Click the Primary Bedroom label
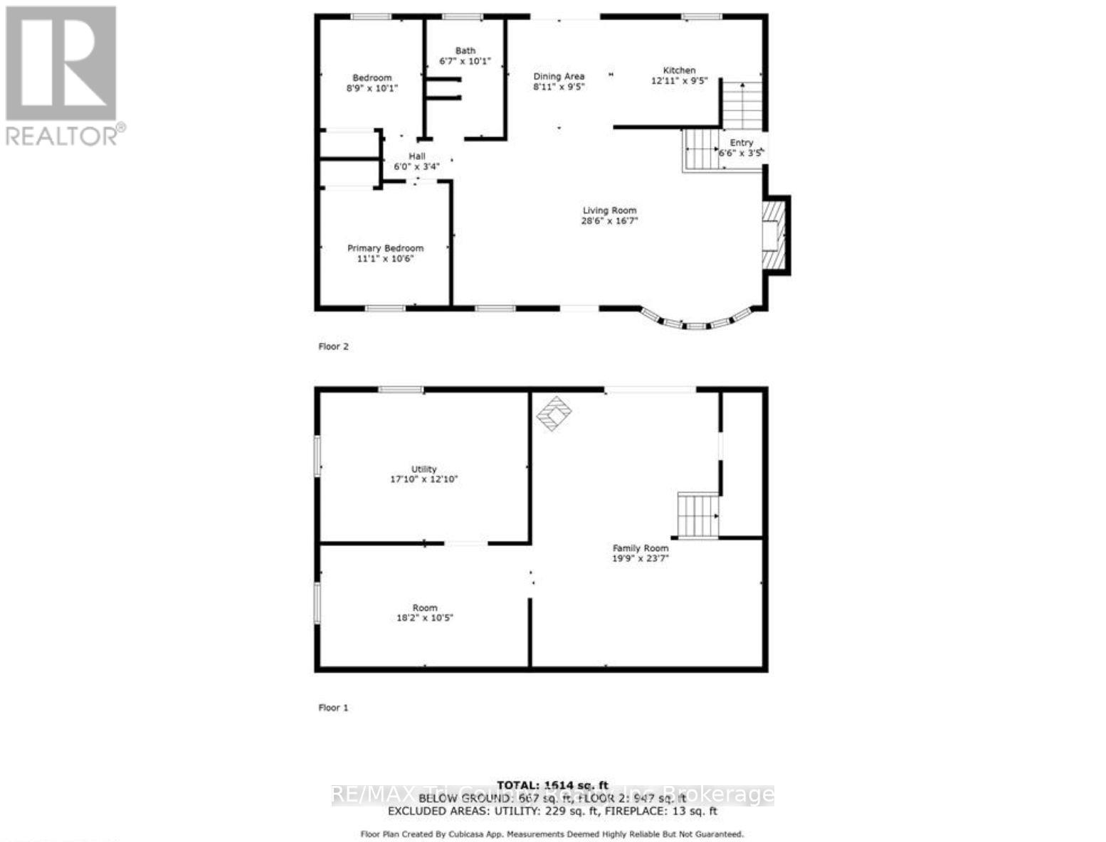click(x=385, y=248)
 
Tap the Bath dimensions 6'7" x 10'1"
click(x=465, y=61)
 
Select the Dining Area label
click(x=559, y=76)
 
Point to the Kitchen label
click(x=679, y=70)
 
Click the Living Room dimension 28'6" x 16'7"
click(x=609, y=221)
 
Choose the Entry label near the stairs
click(x=741, y=143)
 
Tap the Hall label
click(x=417, y=156)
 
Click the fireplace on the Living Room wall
click(x=774, y=235)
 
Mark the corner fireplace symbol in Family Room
click(x=554, y=412)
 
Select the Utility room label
click(x=424, y=469)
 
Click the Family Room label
click(x=641, y=548)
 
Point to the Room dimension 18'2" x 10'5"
click(x=425, y=618)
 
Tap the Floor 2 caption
click(x=333, y=347)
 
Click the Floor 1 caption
click(x=333, y=708)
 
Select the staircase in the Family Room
click(x=697, y=515)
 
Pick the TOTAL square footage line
click(x=552, y=785)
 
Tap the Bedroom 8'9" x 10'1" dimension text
click(x=372, y=88)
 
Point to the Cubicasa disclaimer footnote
click(x=552, y=834)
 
